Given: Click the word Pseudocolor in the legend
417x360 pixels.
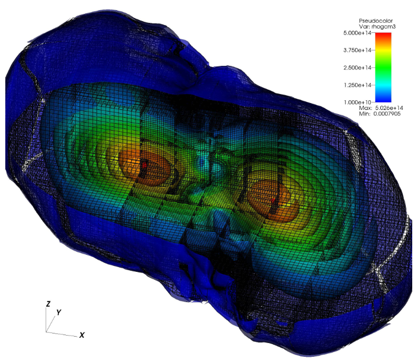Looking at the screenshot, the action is [x=376, y=21].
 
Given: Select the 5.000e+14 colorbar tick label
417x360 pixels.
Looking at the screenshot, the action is [x=357, y=33].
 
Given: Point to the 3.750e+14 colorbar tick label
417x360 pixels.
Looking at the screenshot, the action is [x=357, y=50].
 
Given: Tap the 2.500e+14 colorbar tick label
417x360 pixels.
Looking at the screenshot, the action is [x=357, y=67].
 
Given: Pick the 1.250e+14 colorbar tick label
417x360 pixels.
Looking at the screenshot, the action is [x=357, y=85].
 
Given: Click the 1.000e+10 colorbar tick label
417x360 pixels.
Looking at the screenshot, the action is [x=357, y=102].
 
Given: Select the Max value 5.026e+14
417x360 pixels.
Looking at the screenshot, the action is [x=389, y=108].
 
